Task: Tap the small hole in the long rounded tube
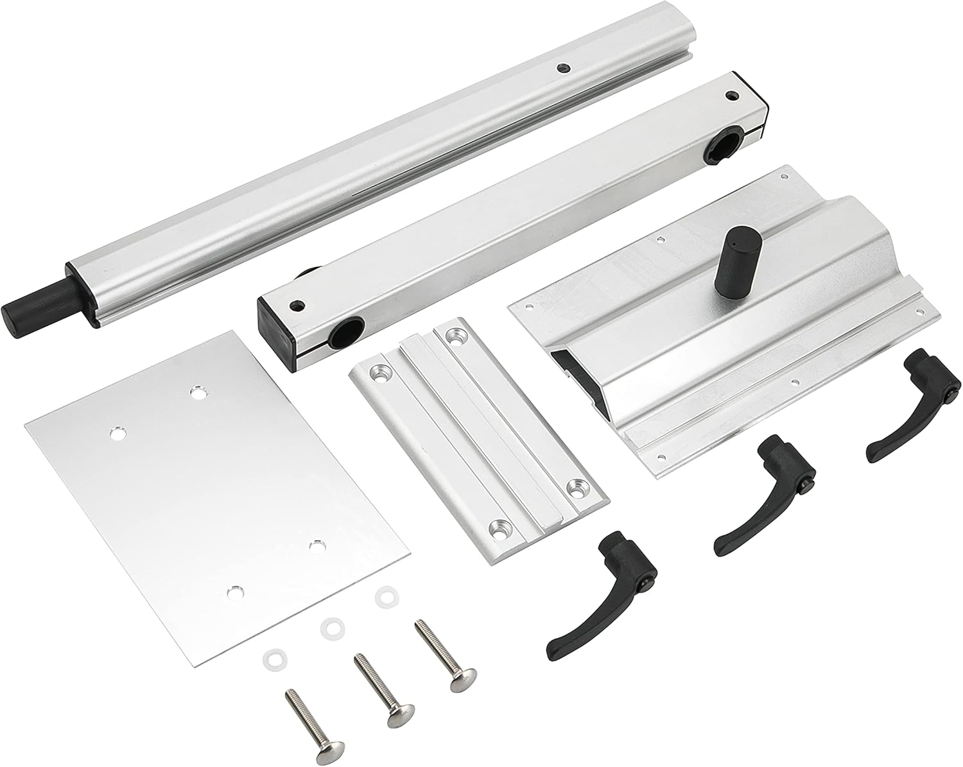point(563,67)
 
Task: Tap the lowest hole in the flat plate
point(236,589)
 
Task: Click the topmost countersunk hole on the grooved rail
point(456,335)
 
